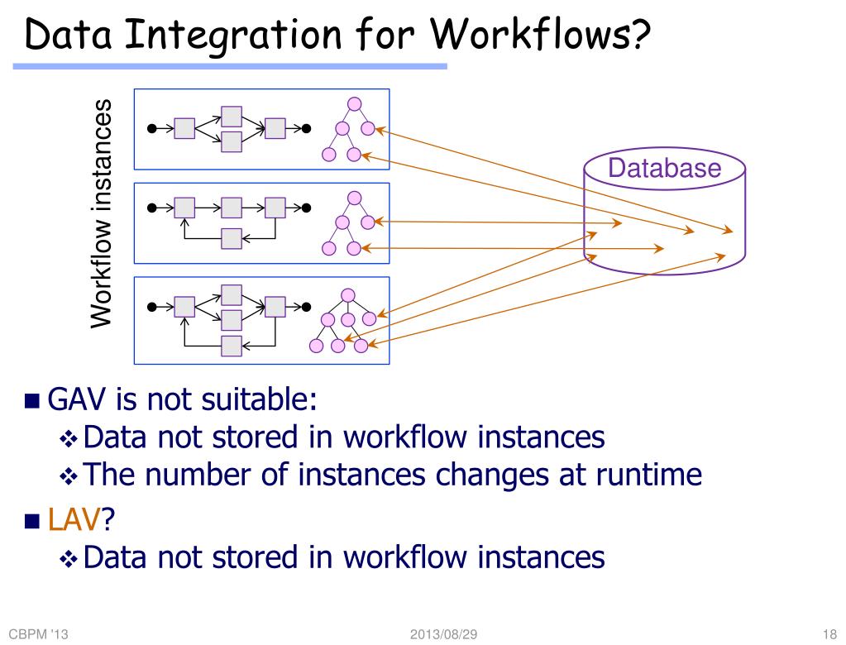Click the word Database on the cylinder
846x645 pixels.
(664, 169)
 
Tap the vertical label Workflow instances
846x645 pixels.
(101, 213)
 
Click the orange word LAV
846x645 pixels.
(74, 520)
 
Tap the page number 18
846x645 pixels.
(831, 634)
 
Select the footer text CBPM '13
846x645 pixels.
(38, 634)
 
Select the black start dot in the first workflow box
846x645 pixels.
(151, 128)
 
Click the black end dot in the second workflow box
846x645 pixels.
(306, 208)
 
